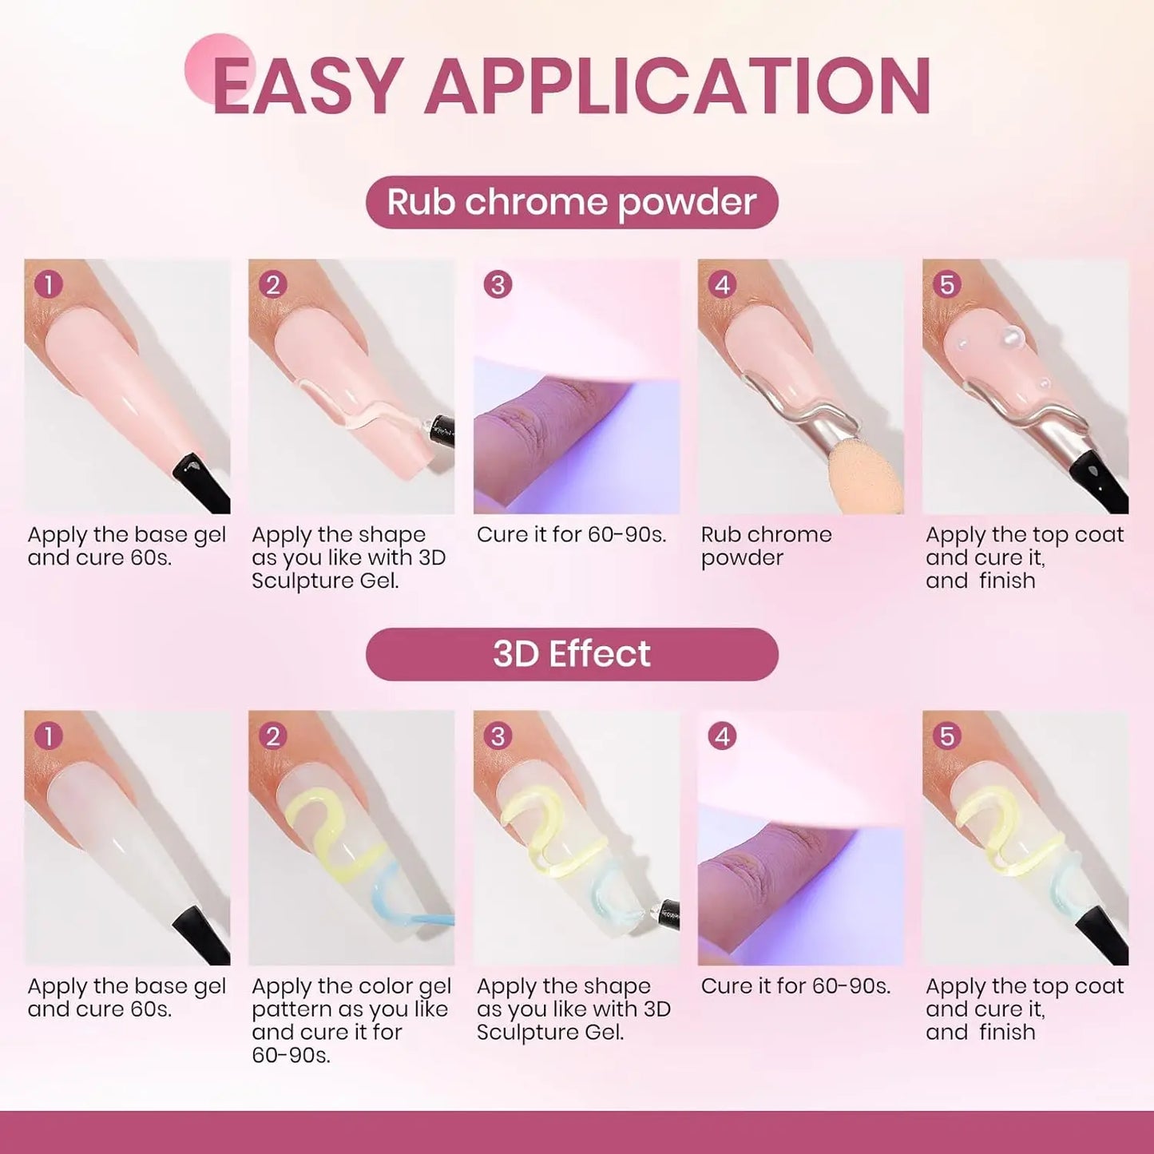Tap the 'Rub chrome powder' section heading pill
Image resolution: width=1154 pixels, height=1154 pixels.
(572, 202)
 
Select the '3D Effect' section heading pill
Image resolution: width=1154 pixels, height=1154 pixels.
(572, 654)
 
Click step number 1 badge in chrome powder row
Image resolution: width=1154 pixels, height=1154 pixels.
(49, 284)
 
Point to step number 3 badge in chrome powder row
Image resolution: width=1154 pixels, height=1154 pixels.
(498, 284)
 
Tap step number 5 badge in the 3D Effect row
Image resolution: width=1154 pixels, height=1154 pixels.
(946, 736)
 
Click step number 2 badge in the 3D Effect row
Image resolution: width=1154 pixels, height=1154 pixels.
(273, 736)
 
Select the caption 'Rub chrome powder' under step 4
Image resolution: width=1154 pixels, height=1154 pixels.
(766, 546)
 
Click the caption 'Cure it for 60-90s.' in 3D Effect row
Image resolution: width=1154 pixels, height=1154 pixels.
(795, 986)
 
